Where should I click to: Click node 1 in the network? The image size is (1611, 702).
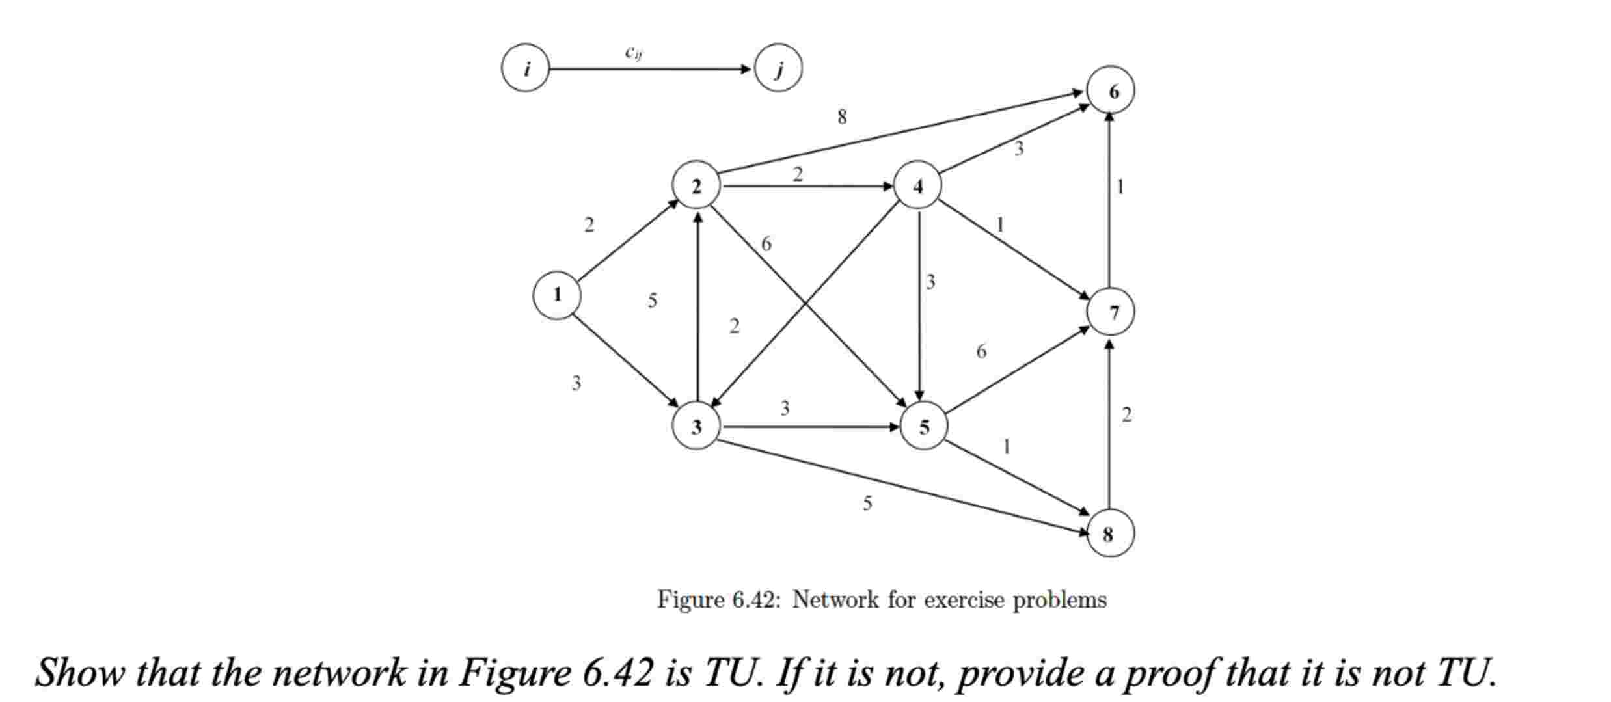point(557,295)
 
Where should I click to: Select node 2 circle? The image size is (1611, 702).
point(696,187)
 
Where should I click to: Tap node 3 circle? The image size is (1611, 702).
point(696,427)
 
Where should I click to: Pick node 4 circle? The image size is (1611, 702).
point(918,187)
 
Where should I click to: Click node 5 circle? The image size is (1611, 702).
point(924,427)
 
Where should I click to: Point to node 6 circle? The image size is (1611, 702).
point(1111,91)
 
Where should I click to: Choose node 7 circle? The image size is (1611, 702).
point(1111,312)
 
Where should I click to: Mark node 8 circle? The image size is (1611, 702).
point(1110,533)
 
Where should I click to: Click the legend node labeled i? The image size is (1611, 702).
point(526,68)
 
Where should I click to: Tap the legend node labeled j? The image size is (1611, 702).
point(778,68)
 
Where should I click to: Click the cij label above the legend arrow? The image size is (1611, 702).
point(634,52)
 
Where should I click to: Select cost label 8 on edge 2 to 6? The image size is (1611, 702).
point(842,117)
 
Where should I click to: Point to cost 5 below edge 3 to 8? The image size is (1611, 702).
point(867,503)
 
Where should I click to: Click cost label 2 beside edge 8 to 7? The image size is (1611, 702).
point(1127,414)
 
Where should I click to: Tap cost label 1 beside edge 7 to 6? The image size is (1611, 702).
point(1120,187)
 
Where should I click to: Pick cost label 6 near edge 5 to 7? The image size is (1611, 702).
point(981,351)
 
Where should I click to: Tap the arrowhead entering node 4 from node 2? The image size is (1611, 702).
point(887,187)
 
